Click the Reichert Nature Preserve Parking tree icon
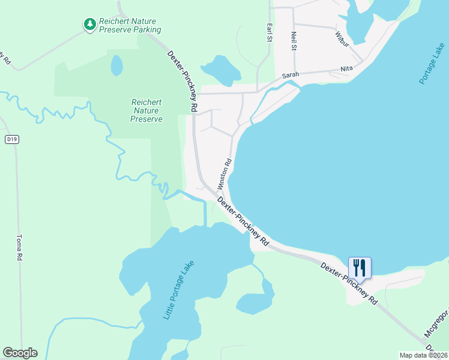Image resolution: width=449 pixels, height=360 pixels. coord(89,24)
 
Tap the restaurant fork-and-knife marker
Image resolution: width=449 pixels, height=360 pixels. coord(360,267)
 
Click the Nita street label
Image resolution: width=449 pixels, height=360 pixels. coord(346,69)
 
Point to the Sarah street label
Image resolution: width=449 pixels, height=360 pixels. coord(291,75)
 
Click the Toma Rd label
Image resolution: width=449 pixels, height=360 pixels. coord(19,247)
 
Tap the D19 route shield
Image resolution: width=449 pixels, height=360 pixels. coord(11,139)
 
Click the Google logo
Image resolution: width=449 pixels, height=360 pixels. coord(20,353)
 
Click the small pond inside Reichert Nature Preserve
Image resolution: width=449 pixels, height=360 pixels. coord(116,65)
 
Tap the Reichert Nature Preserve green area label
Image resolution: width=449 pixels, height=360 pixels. coord(146,110)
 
